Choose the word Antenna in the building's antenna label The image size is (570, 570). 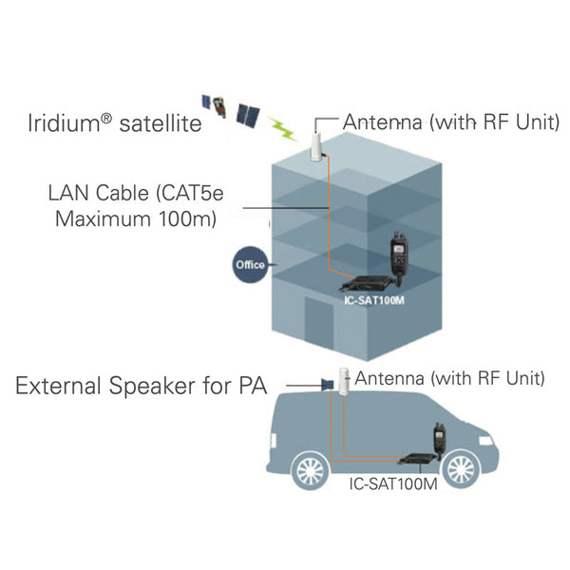[385, 123]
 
